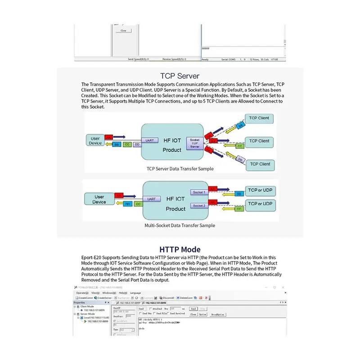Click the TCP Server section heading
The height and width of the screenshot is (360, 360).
pyautogui.click(x=180, y=76)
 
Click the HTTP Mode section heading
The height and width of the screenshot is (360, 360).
pyautogui.click(x=180, y=249)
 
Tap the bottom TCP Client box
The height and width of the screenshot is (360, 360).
pyautogui.click(x=259, y=164)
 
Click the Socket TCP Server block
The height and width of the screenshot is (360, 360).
pyautogui.click(x=195, y=143)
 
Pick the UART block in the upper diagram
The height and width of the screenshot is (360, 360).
pyautogui.click(x=150, y=140)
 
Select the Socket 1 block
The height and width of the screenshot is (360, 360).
pyautogui.click(x=198, y=192)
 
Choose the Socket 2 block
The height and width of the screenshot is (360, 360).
pyautogui.click(x=198, y=206)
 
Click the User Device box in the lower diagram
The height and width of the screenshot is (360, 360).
pyautogui.click(x=99, y=199)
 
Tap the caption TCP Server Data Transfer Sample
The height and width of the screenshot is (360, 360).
pyautogui.click(x=180, y=169)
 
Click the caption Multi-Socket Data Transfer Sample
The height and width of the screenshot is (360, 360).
pyautogui.click(x=180, y=225)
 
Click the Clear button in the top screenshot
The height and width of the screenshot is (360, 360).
pyautogui.click(x=123, y=31)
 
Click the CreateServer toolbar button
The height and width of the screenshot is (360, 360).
pyautogui.click(x=102, y=297)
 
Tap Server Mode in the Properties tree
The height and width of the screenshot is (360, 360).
pyautogui.click(x=88, y=314)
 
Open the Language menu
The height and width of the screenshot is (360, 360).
pyautogui.click(x=135, y=292)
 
